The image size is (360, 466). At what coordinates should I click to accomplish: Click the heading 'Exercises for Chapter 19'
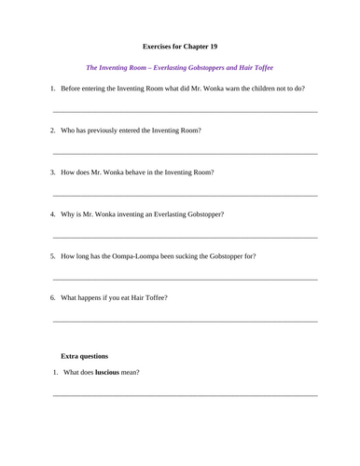[x=180, y=45]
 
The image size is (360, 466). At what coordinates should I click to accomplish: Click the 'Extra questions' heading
[x=84, y=356]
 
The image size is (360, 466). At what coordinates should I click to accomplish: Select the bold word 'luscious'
[x=113, y=374]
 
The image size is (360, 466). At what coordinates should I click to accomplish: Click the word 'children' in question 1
[x=263, y=89]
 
